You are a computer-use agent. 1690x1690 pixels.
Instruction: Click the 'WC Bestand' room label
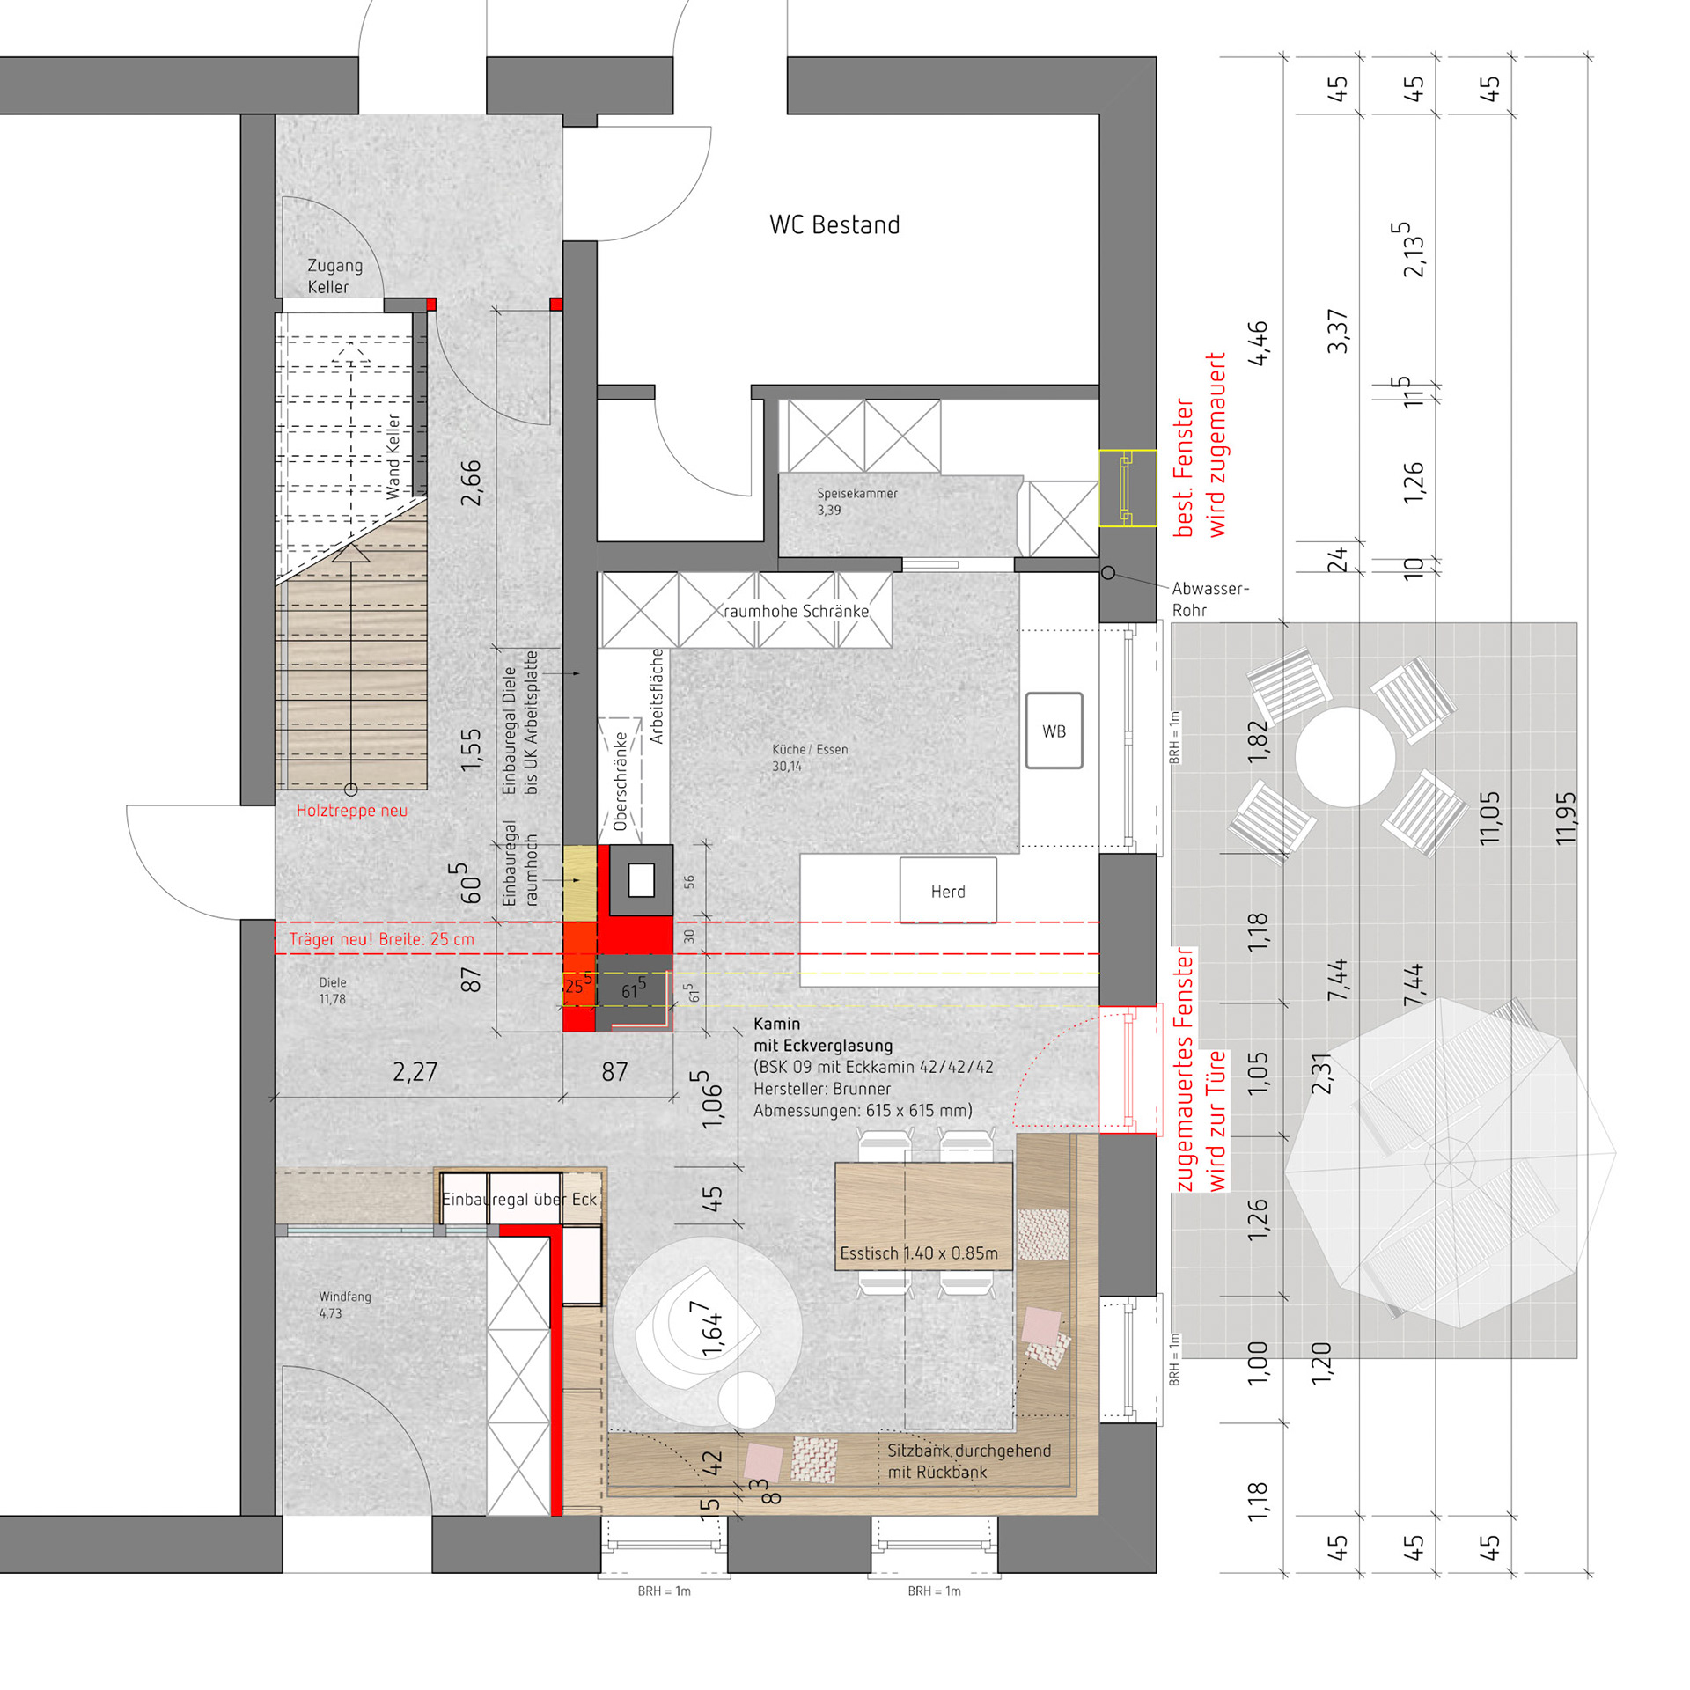(x=834, y=224)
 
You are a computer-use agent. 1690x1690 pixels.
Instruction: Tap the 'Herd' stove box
(x=948, y=890)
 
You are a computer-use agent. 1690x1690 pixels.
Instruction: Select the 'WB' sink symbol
(x=1054, y=731)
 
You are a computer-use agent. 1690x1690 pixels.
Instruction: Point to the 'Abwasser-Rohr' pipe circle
(x=1108, y=573)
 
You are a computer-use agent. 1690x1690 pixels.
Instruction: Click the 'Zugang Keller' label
(x=334, y=276)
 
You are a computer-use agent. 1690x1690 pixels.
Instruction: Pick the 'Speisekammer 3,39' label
(x=856, y=502)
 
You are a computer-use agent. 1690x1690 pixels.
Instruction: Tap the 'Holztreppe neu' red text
(x=351, y=811)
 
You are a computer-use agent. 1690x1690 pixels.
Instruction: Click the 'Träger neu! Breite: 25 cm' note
(x=381, y=939)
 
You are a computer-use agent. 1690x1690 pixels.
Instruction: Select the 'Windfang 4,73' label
(x=344, y=1304)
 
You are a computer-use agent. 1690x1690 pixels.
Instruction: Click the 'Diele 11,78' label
(x=332, y=990)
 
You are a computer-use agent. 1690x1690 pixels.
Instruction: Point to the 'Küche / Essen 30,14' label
(x=810, y=758)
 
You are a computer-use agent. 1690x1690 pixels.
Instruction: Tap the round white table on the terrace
(x=1345, y=756)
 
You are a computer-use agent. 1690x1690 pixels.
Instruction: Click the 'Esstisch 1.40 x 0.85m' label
(x=919, y=1253)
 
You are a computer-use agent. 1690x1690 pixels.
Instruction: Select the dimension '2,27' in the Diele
(x=415, y=1071)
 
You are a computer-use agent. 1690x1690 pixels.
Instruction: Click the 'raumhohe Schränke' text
(x=796, y=611)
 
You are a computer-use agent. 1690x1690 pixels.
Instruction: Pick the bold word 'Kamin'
(x=776, y=1024)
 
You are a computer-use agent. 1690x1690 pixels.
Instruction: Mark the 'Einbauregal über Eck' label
(x=519, y=1199)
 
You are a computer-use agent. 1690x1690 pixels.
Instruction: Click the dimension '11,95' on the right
(x=1565, y=819)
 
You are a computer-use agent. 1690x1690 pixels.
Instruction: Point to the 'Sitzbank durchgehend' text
(x=969, y=1451)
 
